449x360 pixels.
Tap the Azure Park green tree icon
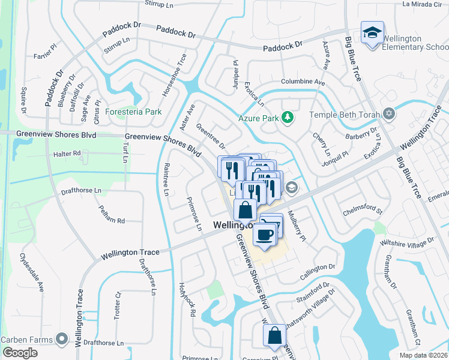288,118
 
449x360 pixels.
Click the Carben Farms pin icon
61,340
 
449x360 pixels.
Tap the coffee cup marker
265,234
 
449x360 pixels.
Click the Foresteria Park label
133,112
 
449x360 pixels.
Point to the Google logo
20,352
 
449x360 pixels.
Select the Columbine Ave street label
303,82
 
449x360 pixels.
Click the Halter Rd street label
67,154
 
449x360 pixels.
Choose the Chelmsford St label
362,211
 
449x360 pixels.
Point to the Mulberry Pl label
296,225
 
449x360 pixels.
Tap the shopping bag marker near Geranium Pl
274,337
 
